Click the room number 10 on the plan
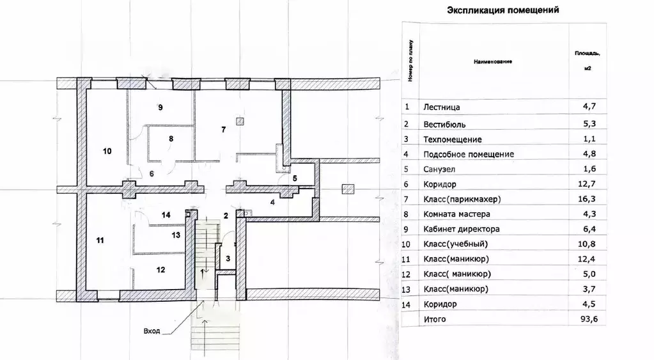tap(107, 151)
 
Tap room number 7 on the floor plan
tap(224, 130)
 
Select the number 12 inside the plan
tap(160, 270)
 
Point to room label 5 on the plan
tap(295, 178)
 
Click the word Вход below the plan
tap(152, 331)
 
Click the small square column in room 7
tap(239, 121)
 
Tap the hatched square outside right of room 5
tap(348, 189)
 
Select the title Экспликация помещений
tap(503, 10)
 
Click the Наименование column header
tap(493, 62)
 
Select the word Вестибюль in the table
tap(444, 124)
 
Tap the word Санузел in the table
tap(439, 169)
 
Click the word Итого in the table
tap(435, 319)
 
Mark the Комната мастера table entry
tap(456, 214)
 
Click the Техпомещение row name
tap(453, 139)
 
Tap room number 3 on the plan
tap(228, 258)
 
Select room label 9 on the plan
tap(160, 107)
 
